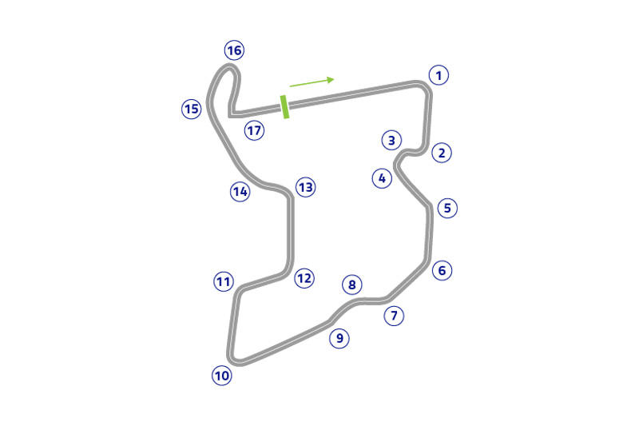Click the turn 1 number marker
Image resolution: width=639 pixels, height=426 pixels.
click(x=439, y=75)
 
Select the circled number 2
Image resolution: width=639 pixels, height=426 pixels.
click(x=442, y=153)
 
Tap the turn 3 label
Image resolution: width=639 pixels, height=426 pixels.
click(x=391, y=140)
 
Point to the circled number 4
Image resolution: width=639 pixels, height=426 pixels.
click(x=383, y=178)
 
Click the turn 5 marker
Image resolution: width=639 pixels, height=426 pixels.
click(x=447, y=208)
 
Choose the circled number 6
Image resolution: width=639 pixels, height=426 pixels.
click(x=443, y=270)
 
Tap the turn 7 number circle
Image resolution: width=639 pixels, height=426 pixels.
click(x=394, y=316)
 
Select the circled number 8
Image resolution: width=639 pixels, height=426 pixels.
click(x=352, y=285)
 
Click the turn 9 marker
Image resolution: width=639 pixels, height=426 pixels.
click(x=339, y=338)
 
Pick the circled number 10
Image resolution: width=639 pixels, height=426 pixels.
click(x=222, y=376)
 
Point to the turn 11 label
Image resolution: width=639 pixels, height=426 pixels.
click(x=224, y=281)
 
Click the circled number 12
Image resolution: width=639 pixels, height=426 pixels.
click(x=304, y=278)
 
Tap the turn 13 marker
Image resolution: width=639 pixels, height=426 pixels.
click(x=306, y=188)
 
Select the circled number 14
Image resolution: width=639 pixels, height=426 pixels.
click(x=240, y=192)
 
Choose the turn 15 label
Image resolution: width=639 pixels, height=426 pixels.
click(x=192, y=109)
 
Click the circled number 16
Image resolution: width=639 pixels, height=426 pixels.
click(x=234, y=50)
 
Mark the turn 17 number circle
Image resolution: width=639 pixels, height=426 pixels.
click(x=254, y=130)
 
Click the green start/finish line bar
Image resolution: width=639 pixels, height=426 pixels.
click(x=285, y=107)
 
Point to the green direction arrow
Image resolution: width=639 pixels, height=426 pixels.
click(x=312, y=82)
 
